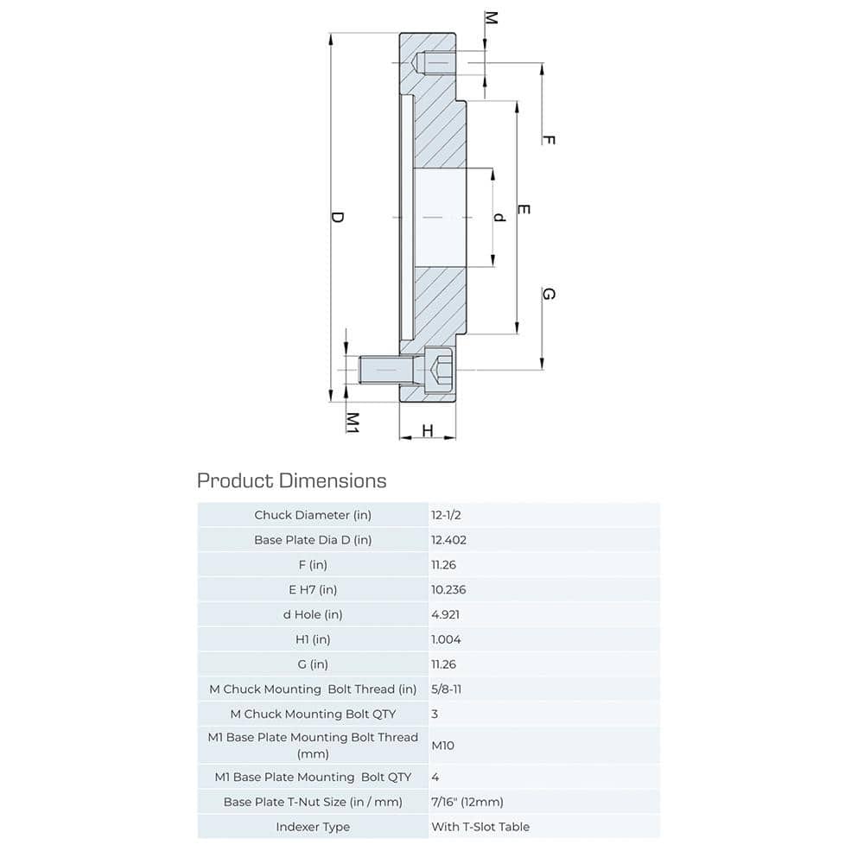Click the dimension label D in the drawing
(x=338, y=218)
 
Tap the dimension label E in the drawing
(x=524, y=210)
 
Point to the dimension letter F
(x=548, y=140)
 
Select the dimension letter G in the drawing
(x=548, y=295)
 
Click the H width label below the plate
(x=427, y=431)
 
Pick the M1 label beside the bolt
(x=353, y=422)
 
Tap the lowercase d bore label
(x=499, y=218)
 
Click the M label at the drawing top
(x=491, y=18)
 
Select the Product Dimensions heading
(x=292, y=480)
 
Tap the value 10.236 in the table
(x=450, y=590)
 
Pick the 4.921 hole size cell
(x=447, y=615)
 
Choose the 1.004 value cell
(x=447, y=640)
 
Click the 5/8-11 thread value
(x=449, y=689)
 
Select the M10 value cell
(x=442, y=745)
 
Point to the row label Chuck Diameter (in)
(x=313, y=515)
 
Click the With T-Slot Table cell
(x=480, y=827)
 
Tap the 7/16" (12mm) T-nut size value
(x=467, y=802)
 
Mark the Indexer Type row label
(x=313, y=827)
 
